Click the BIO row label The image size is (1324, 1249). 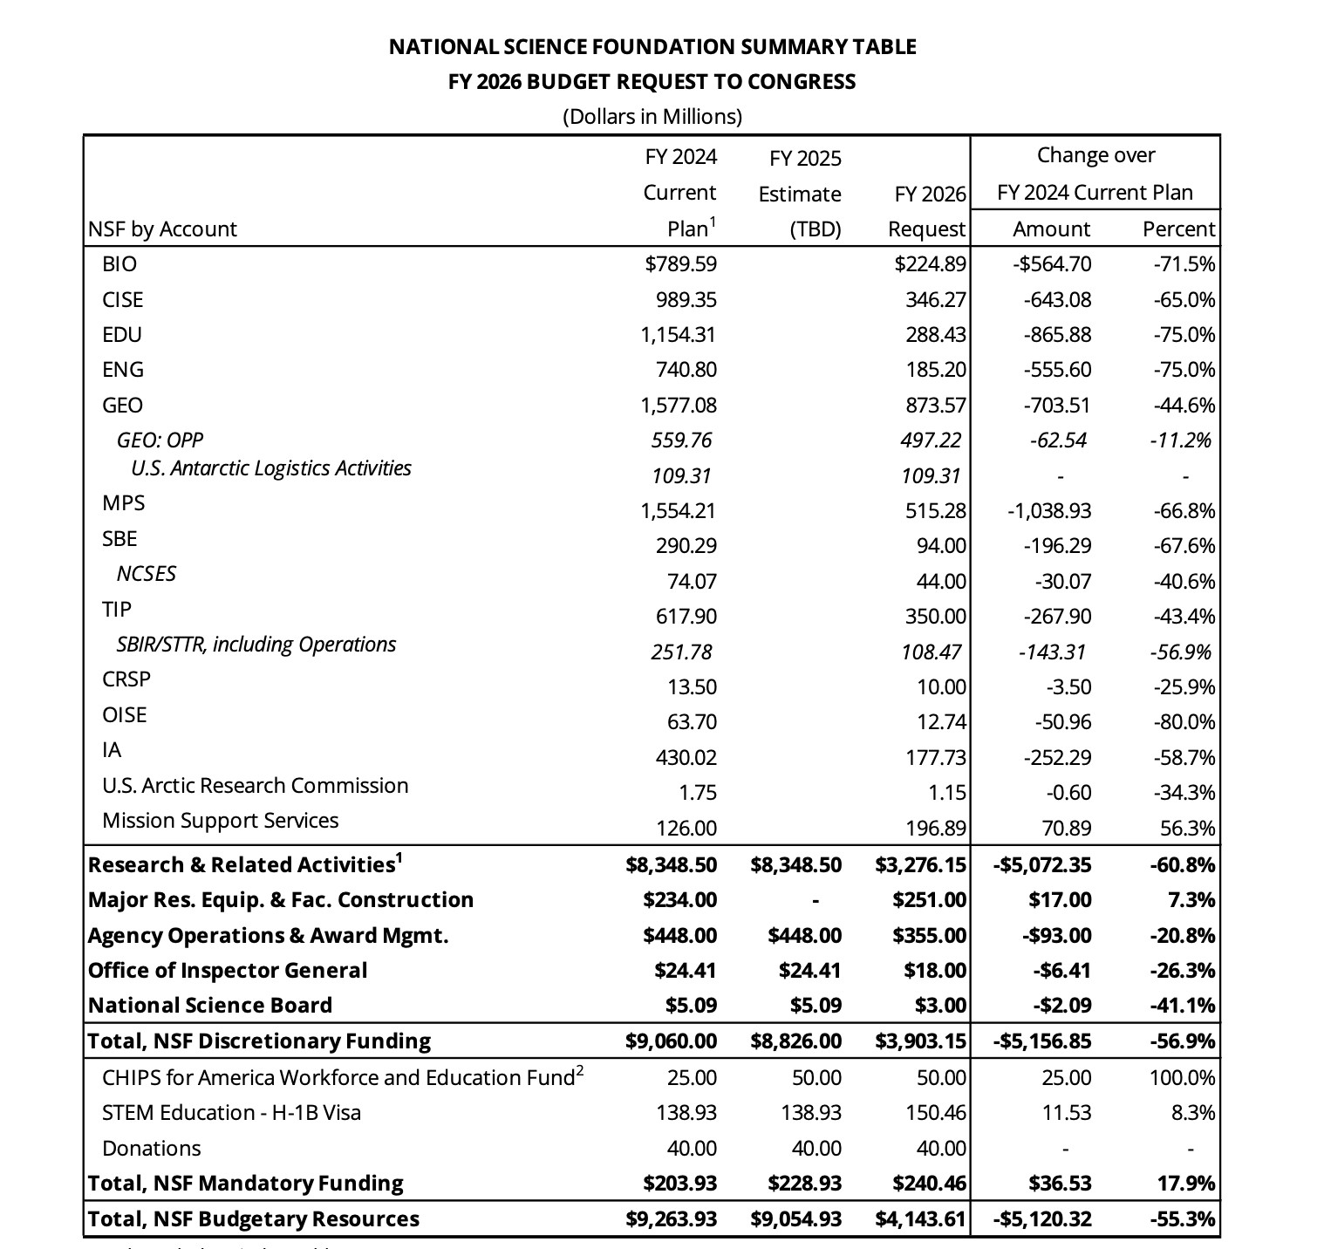tap(119, 264)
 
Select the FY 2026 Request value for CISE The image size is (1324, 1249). tap(936, 300)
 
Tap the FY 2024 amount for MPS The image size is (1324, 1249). tap(679, 511)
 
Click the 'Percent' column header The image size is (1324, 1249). tap(1178, 229)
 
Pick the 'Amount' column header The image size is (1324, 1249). tap(1051, 229)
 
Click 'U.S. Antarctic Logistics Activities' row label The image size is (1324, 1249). tap(271, 468)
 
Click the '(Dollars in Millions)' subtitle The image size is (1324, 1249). tap(652, 117)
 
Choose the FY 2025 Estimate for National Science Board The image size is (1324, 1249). tap(816, 1006)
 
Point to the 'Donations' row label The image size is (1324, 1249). tap(152, 1149)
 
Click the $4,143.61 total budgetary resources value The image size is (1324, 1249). tap(920, 1219)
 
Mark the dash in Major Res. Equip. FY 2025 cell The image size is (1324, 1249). tap(816, 900)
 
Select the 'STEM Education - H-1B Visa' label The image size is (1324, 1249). tap(231, 1113)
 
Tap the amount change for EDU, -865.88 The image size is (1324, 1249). tap(1057, 335)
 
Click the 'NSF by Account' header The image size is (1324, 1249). tap(162, 229)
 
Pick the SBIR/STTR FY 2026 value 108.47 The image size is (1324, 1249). tap(932, 652)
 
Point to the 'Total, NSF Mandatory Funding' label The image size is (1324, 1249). tap(246, 1184)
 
